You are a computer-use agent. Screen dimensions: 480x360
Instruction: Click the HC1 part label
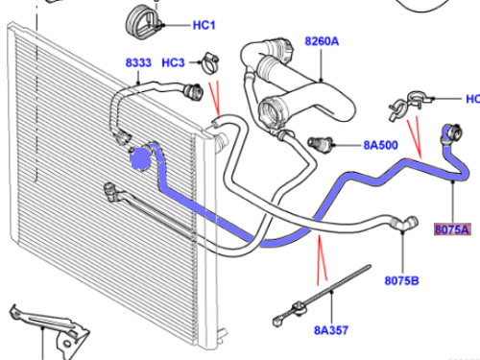[x=204, y=25]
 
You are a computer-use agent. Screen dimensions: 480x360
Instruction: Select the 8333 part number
[x=138, y=62]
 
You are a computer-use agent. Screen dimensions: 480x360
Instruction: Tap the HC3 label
[x=173, y=62]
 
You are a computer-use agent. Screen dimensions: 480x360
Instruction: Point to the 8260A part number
[x=322, y=41]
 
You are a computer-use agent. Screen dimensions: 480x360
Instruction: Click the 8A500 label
[x=381, y=145]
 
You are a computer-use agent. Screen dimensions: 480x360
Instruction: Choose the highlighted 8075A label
[x=452, y=229]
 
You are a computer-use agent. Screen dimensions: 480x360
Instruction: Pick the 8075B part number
[x=401, y=280]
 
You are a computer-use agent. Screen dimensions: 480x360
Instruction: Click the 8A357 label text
[x=331, y=330]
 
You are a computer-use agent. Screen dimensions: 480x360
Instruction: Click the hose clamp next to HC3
[x=209, y=62]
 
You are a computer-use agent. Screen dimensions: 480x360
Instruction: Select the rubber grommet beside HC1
[x=141, y=21]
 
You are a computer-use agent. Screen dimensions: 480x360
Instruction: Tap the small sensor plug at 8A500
[x=320, y=143]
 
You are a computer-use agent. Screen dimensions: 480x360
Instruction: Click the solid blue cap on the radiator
[x=140, y=158]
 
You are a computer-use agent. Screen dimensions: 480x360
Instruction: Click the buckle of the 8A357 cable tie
[x=299, y=308]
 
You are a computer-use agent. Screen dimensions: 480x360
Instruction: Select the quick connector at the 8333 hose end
[x=193, y=91]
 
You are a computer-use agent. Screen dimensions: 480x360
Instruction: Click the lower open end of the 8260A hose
[x=271, y=112]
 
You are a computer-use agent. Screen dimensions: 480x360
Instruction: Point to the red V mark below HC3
[x=215, y=98]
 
